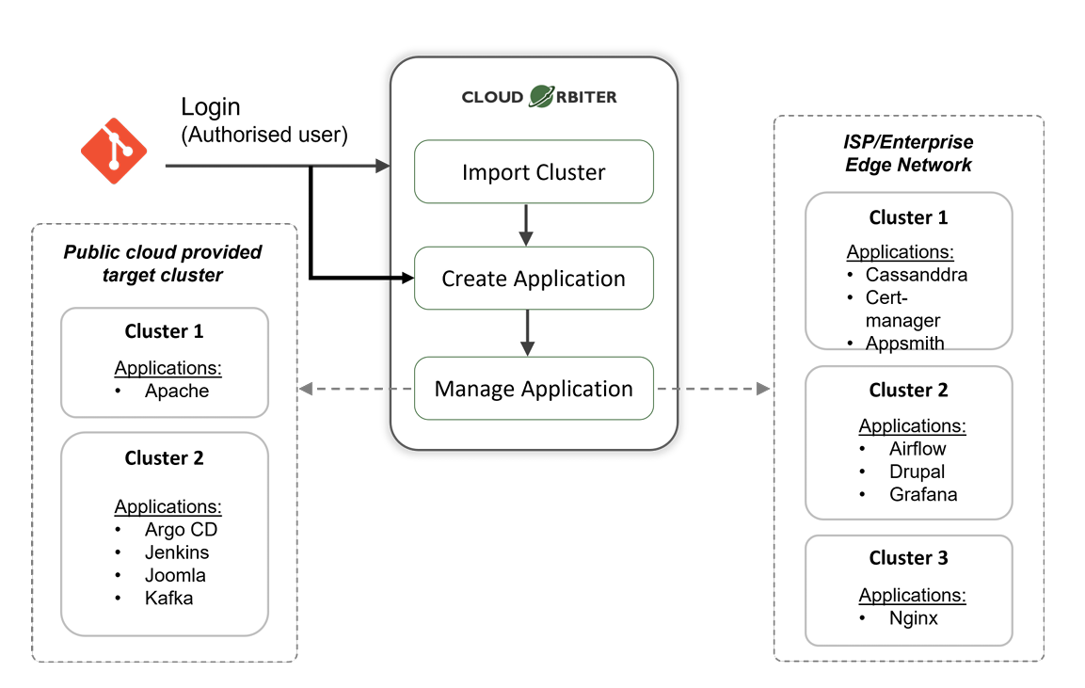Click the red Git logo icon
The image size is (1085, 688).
[114, 151]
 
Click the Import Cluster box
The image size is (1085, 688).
[534, 172]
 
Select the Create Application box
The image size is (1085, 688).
[534, 279]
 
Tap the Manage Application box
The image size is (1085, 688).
[534, 389]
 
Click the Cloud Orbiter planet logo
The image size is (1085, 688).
[541, 96]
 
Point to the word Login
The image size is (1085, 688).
[211, 107]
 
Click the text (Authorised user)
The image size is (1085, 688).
[264, 135]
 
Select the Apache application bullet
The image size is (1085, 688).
[177, 391]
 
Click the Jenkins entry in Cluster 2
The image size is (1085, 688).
[177, 552]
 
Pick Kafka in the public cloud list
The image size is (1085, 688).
[168, 598]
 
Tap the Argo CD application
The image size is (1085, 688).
[181, 530]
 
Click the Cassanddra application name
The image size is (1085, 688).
[917, 275]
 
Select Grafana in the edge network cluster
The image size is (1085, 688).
[922, 494]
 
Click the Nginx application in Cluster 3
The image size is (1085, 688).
[913, 618]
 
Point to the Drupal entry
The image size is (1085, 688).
[917, 472]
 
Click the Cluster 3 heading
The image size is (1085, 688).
[908, 558]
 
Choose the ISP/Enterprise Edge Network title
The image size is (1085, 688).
[908, 153]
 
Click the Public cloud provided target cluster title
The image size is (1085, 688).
[163, 264]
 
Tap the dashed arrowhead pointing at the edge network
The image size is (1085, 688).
[762, 389]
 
